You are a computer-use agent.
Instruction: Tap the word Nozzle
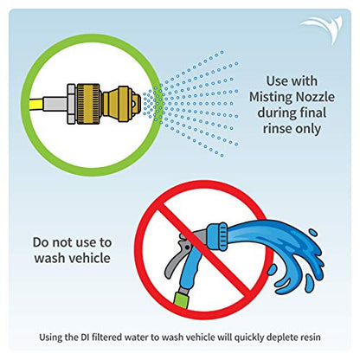[x=312, y=97]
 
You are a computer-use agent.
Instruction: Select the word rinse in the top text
[x=276, y=128]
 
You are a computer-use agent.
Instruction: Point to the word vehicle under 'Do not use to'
[x=91, y=258]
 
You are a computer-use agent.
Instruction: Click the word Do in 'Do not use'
[x=40, y=242]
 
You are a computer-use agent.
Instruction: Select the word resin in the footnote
[x=310, y=337]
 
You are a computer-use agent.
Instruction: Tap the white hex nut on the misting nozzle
[x=71, y=104]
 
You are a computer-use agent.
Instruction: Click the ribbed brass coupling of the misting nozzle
[x=88, y=104]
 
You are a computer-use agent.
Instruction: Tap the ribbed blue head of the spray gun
[x=217, y=236]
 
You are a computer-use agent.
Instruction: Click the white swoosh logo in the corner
[x=322, y=29]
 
